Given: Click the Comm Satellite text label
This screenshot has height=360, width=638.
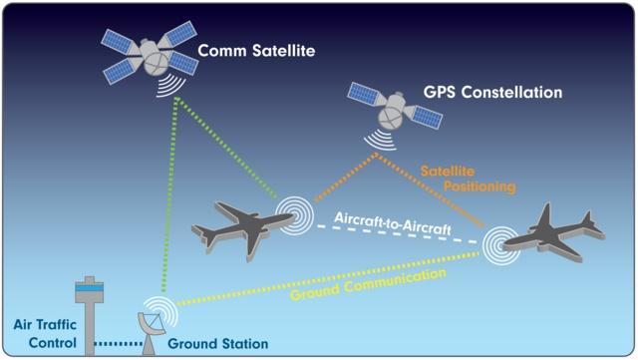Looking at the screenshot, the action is (x=256, y=51).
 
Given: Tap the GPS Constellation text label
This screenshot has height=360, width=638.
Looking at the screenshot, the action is (x=492, y=92).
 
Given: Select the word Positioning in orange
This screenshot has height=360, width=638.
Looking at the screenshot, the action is (x=479, y=186).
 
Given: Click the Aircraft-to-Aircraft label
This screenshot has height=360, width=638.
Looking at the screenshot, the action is (x=393, y=223).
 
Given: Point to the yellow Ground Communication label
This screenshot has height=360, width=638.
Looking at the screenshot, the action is (x=368, y=284).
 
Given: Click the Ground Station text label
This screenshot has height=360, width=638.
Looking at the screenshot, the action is (x=217, y=344).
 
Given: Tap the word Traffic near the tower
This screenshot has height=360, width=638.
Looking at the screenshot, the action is (x=57, y=324).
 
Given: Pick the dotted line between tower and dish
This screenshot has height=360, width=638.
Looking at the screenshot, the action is (x=118, y=344).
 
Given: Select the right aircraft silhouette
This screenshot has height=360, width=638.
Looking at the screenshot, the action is (x=554, y=235).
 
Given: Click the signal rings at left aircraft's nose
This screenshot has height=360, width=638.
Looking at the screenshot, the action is (x=294, y=215).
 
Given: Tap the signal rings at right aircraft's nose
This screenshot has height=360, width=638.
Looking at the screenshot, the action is (x=501, y=246).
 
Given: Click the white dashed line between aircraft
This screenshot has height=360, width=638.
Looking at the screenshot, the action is (x=397, y=234).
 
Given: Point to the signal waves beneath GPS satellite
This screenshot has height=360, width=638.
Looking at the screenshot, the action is (x=381, y=141).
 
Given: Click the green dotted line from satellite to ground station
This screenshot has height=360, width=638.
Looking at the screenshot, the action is (x=169, y=194).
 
